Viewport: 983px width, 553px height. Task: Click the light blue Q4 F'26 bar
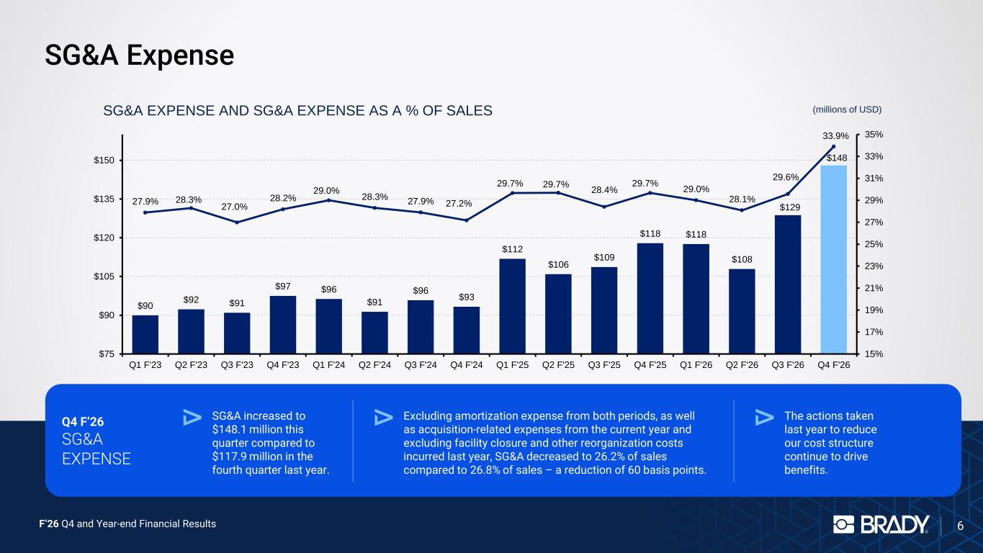pos(833,259)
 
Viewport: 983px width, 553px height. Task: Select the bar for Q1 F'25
pos(512,306)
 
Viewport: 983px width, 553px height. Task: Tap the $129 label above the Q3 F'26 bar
pos(789,207)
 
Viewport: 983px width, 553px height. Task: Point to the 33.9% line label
pos(835,136)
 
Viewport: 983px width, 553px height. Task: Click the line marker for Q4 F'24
pos(467,220)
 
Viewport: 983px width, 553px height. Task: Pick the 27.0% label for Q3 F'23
pos(234,207)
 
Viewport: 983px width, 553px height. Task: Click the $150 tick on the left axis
pos(104,160)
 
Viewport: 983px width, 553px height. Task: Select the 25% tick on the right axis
pos(874,245)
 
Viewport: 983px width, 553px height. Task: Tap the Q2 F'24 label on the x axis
pos(374,365)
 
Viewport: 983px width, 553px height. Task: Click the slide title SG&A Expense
pos(140,55)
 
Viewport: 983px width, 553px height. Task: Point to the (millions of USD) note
pos(847,109)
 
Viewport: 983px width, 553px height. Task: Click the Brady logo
pos(881,524)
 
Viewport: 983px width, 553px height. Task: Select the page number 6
pos(960,526)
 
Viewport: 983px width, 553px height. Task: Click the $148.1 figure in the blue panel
pos(232,429)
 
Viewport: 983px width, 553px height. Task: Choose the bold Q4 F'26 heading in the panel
pos(83,422)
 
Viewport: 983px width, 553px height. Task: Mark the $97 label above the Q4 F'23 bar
pos(282,287)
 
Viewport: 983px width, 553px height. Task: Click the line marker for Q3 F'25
pos(604,207)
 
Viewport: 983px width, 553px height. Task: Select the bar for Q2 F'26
pos(742,311)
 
